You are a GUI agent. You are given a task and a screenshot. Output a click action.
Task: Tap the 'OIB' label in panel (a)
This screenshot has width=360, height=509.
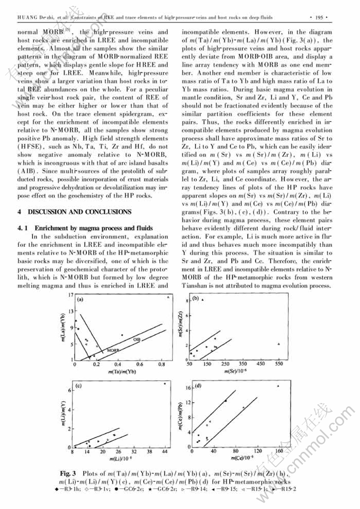[136, 339]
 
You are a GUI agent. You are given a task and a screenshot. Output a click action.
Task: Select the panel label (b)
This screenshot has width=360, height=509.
[195, 298]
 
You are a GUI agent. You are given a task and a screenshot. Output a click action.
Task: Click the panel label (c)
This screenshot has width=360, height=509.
[78, 386]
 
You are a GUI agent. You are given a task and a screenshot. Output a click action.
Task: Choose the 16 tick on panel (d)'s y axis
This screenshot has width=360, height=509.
[188, 388]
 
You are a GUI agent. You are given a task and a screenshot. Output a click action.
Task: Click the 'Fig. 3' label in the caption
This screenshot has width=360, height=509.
[69, 472]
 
